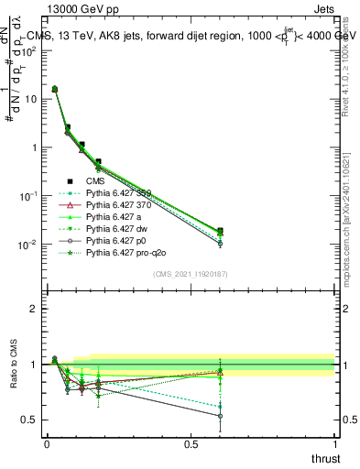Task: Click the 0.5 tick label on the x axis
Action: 191,443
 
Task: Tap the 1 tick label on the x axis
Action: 335,443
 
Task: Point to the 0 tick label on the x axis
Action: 47,443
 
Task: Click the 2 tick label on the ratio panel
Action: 33,309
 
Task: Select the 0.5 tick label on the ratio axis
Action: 28,420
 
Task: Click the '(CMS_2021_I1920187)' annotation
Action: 191,273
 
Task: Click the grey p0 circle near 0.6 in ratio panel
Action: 220,416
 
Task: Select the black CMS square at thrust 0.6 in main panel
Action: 220,231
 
